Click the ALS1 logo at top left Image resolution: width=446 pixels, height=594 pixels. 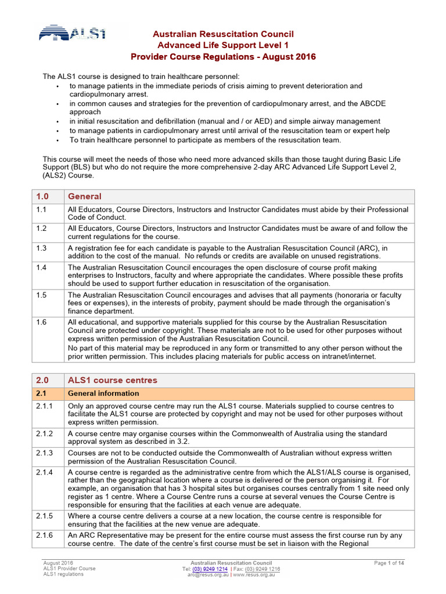[x=73, y=33]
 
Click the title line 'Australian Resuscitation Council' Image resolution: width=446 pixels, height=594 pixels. [x=223, y=34]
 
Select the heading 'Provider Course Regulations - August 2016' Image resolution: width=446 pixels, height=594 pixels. [x=223, y=56]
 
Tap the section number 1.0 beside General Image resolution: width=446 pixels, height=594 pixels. [x=43, y=197]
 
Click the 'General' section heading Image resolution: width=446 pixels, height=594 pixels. [x=85, y=197]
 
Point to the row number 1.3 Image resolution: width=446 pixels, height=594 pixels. [x=41, y=248]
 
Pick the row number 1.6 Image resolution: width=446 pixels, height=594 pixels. [x=41, y=321]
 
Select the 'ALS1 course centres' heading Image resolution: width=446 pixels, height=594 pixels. [x=112, y=381]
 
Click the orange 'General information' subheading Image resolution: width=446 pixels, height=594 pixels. [x=103, y=393]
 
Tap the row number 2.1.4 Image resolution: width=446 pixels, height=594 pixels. [x=44, y=472]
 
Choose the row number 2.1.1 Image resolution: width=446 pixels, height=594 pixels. [x=44, y=406]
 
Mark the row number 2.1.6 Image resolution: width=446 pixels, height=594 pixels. [x=44, y=535]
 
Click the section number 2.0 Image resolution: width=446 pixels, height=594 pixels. [x=43, y=381]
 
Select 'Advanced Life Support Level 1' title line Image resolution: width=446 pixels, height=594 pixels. [x=223, y=45]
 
